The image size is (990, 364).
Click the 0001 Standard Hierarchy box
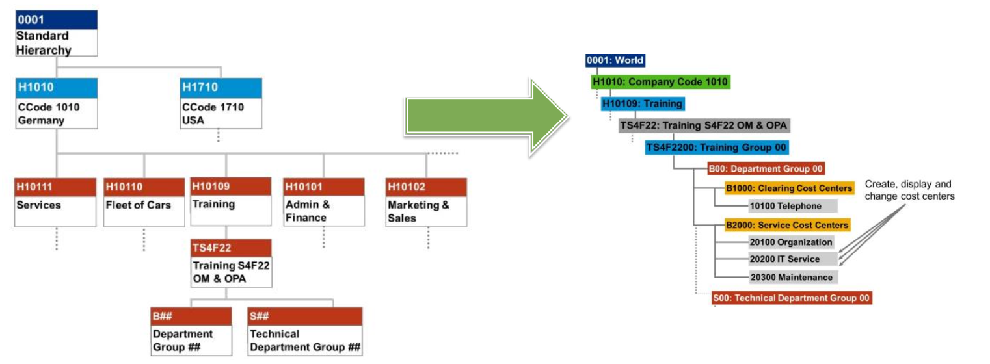(x=57, y=33)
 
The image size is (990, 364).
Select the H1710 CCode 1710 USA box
(x=221, y=103)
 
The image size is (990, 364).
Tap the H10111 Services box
(x=55, y=202)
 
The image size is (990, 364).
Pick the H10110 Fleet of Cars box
(x=144, y=202)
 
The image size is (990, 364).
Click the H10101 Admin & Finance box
(x=323, y=202)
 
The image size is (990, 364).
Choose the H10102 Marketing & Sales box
(x=425, y=202)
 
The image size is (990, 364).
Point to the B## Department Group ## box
(x=191, y=331)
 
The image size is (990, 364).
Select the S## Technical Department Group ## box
(x=304, y=331)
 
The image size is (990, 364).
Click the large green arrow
(x=485, y=118)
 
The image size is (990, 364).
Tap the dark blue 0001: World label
(x=615, y=60)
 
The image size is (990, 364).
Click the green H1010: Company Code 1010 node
(x=660, y=82)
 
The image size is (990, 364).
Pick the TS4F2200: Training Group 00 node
(x=717, y=148)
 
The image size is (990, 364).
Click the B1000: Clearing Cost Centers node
(x=788, y=188)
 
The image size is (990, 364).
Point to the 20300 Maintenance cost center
(x=791, y=277)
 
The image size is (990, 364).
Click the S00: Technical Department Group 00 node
(x=791, y=298)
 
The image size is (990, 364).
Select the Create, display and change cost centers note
(x=909, y=190)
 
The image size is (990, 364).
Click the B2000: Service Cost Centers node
(x=787, y=225)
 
